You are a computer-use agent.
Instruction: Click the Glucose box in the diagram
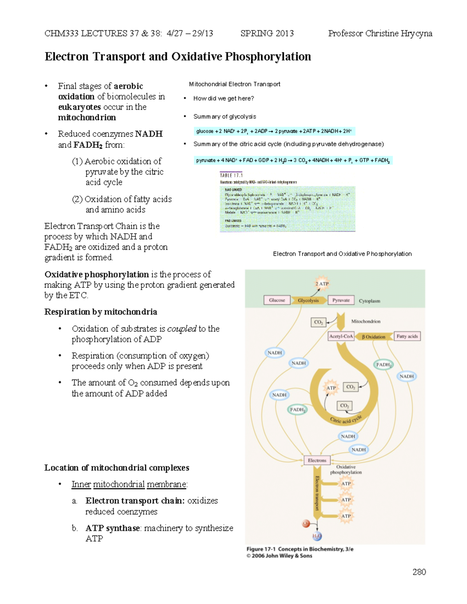click(x=277, y=300)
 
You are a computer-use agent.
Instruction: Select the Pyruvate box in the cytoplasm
click(x=341, y=300)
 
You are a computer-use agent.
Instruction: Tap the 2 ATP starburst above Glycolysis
click(x=322, y=284)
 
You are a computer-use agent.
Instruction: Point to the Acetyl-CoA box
click(x=341, y=336)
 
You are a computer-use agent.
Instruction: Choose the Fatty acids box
click(x=407, y=336)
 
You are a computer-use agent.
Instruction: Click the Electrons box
click(x=317, y=460)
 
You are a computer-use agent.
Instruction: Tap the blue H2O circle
click(x=317, y=537)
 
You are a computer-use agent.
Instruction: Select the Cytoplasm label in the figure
click(x=369, y=301)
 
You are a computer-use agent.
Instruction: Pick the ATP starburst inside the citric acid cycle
click(x=331, y=388)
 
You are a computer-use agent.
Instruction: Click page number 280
click(x=419, y=572)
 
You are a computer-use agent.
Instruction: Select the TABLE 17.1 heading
click(x=231, y=175)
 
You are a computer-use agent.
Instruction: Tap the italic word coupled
click(x=181, y=329)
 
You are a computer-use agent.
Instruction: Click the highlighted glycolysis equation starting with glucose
click(x=274, y=131)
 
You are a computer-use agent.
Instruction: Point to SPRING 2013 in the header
click(x=267, y=33)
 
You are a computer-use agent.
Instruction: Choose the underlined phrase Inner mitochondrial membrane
click(x=129, y=484)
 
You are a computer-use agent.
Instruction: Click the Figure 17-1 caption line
click(x=300, y=549)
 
